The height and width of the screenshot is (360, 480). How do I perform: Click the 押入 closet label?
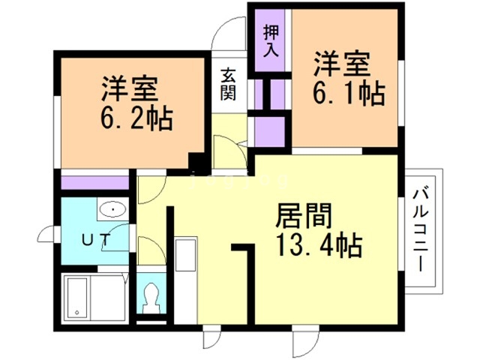tap(271, 40)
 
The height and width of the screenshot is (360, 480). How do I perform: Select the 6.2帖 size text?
tap(136, 118)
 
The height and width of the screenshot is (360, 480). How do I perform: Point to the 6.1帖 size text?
tap(349, 94)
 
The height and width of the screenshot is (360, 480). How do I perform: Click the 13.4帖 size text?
tap(319, 245)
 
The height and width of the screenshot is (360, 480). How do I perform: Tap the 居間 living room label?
tap(304, 216)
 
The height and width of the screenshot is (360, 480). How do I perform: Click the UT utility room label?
tap(96, 240)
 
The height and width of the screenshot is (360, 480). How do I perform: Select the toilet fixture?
tap(151, 298)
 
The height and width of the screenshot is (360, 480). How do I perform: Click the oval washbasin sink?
tap(113, 210)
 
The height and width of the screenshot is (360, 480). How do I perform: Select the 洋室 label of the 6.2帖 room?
tap(130, 88)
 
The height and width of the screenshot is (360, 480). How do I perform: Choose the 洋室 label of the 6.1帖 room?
tap(342, 64)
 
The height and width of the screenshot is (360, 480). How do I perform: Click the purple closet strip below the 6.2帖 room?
tap(95, 183)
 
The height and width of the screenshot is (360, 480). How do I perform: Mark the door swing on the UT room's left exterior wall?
tap(46, 234)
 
